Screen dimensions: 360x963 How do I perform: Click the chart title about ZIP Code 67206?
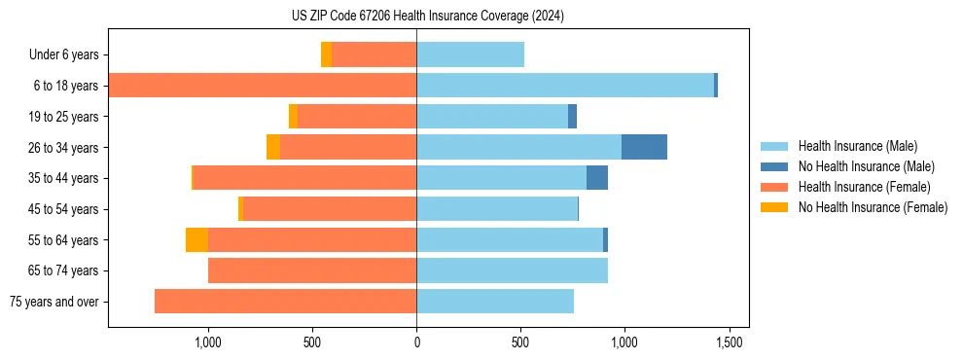point(428,17)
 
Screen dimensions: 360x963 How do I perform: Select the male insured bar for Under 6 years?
point(470,54)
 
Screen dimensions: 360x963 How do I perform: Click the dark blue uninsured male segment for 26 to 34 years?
point(644,147)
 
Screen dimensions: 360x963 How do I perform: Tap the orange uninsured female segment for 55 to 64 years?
point(196,239)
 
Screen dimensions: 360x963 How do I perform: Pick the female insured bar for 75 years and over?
point(285,302)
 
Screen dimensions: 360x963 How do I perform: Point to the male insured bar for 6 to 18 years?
point(564,86)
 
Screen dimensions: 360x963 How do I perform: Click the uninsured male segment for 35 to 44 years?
point(597,178)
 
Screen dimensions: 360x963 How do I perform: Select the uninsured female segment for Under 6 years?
point(326,54)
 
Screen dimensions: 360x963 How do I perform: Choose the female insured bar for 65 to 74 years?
point(312,270)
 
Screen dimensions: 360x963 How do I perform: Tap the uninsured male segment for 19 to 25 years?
point(573,117)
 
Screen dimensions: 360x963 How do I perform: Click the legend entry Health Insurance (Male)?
point(857,146)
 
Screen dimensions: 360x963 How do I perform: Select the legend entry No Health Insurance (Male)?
point(866,166)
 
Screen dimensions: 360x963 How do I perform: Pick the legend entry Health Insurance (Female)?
point(864,187)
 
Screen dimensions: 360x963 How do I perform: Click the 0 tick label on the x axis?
point(416,342)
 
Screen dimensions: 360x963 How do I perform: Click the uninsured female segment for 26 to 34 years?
point(273,147)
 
